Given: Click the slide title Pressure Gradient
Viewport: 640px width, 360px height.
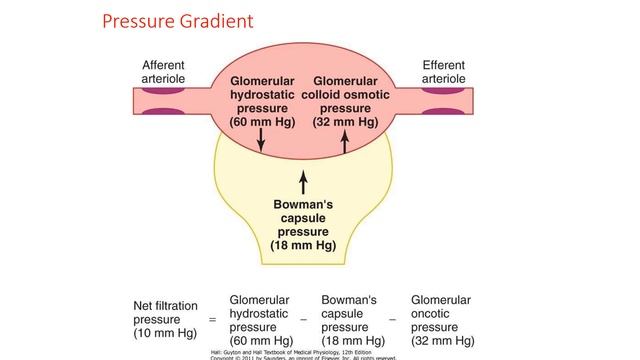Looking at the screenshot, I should point(177,20).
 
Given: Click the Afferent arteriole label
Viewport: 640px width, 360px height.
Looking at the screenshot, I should point(163,71).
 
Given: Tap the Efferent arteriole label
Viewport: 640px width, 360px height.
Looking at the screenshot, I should point(443,71).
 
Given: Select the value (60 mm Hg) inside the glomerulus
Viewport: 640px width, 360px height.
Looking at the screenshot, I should point(262,122).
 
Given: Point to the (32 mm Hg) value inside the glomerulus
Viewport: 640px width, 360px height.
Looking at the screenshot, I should point(344,122).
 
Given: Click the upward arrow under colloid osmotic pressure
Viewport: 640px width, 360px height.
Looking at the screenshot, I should point(344,142).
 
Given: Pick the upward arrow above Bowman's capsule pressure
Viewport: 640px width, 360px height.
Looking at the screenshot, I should point(304,182).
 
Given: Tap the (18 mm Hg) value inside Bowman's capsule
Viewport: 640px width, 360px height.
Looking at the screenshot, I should point(304,244).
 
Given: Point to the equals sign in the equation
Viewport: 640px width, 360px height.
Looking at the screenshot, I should point(211,320).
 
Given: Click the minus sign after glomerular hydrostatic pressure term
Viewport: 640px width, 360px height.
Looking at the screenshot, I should point(304,320).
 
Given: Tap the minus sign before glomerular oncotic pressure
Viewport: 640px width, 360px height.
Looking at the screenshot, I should point(393,320).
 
